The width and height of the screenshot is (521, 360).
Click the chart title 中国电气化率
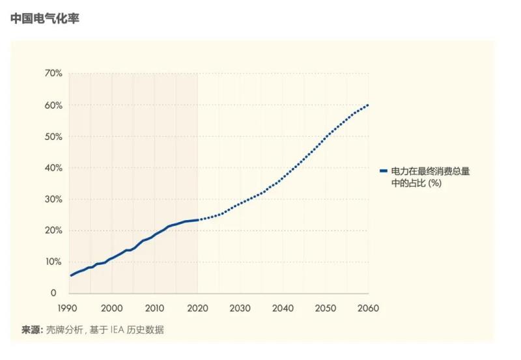pyautogui.click(x=44, y=20)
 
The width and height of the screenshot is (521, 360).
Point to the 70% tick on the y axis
pyautogui.click(x=53, y=74)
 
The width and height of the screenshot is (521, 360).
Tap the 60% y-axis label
pyautogui.click(x=53, y=105)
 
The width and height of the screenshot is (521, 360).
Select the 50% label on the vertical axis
pyautogui.click(x=53, y=137)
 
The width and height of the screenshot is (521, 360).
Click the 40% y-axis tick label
pyautogui.click(x=53, y=168)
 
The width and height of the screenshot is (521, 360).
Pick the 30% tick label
pyautogui.click(x=53, y=199)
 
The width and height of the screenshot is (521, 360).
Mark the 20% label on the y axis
pyautogui.click(x=53, y=230)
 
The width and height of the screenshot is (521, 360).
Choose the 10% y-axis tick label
pyautogui.click(x=53, y=262)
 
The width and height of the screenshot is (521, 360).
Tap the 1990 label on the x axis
pyautogui.click(x=69, y=307)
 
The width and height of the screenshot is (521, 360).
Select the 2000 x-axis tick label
pyautogui.click(x=112, y=307)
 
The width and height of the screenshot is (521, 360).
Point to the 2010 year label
pyautogui.click(x=154, y=307)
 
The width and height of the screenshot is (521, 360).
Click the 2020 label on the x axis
pyautogui.click(x=197, y=307)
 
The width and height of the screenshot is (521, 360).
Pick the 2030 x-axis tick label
pyautogui.click(x=240, y=307)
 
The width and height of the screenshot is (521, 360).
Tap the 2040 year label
pyautogui.click(x=283, y=307)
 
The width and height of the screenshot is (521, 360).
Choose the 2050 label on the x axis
pyautogui.click(x=325, y=307)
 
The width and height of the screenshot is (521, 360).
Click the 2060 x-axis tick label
pyautogui.click(x=368, y=307)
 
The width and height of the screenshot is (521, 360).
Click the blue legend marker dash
pyautogui.click(x=384, y=171)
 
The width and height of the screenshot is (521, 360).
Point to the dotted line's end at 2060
pyautogui.click(x=368, y=105)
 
